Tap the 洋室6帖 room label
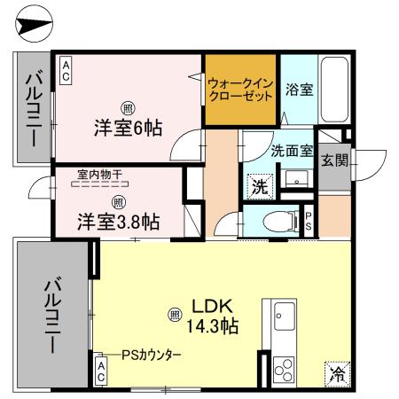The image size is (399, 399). point(129,126)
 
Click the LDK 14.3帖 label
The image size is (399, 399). point(210,317)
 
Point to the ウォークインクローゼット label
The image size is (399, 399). point(240,90)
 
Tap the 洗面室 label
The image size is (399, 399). point(291,150)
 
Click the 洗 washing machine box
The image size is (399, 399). point(258,186)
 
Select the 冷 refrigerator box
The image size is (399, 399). point(337,373)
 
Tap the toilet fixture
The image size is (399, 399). point(281,222)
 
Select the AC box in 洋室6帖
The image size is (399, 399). point(66,70)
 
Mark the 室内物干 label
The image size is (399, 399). point(98,176)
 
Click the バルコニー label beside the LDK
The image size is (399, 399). point(52,315)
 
